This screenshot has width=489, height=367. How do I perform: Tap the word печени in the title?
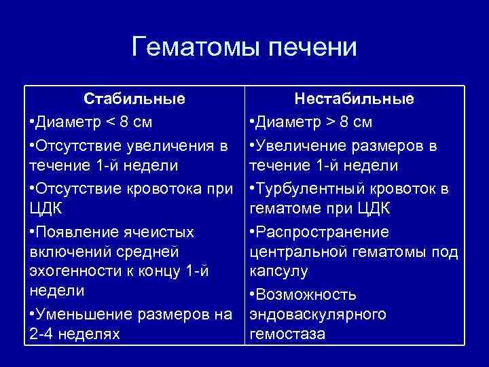pos(313,48)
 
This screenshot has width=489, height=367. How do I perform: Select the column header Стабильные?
pos(134,99)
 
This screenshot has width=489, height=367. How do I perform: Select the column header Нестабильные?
pos(354,99)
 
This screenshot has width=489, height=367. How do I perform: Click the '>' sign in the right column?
pos(326,123)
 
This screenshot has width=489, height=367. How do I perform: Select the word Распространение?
pos(323,232)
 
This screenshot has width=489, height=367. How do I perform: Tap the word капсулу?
pos(279,271)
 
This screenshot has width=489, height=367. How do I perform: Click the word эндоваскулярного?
pos(319,314)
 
